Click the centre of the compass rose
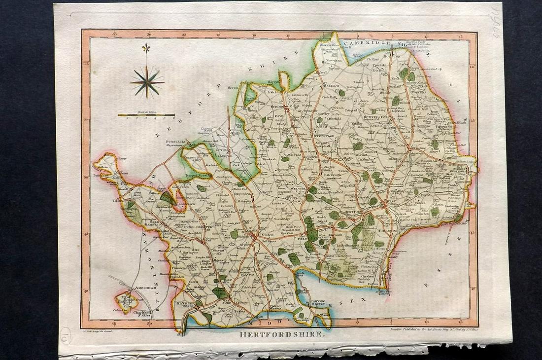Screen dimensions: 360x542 [x=147, y=82]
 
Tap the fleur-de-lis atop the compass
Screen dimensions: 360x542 [x=146, y=48]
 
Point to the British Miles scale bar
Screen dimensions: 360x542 [x=146, y=115]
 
